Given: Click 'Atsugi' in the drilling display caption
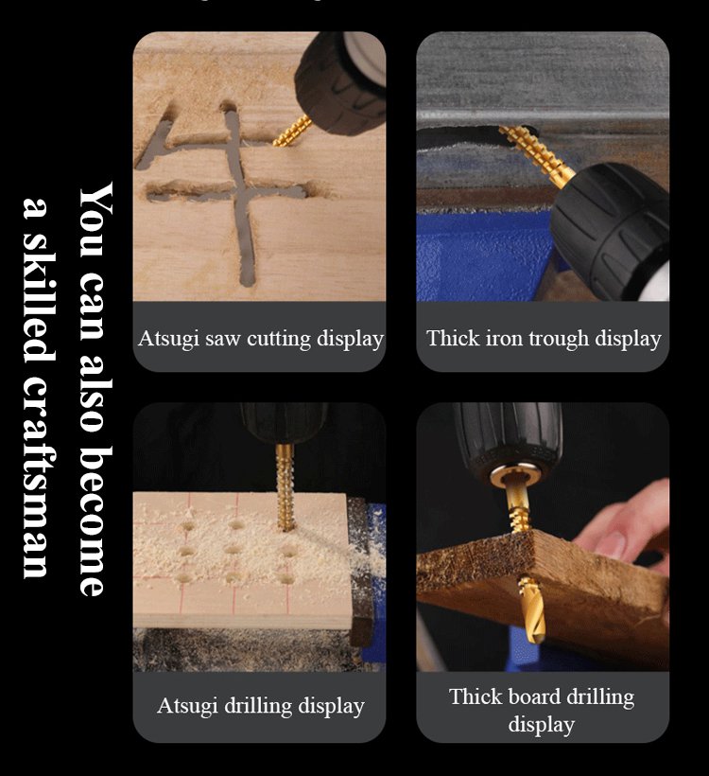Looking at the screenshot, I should [188, 705].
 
